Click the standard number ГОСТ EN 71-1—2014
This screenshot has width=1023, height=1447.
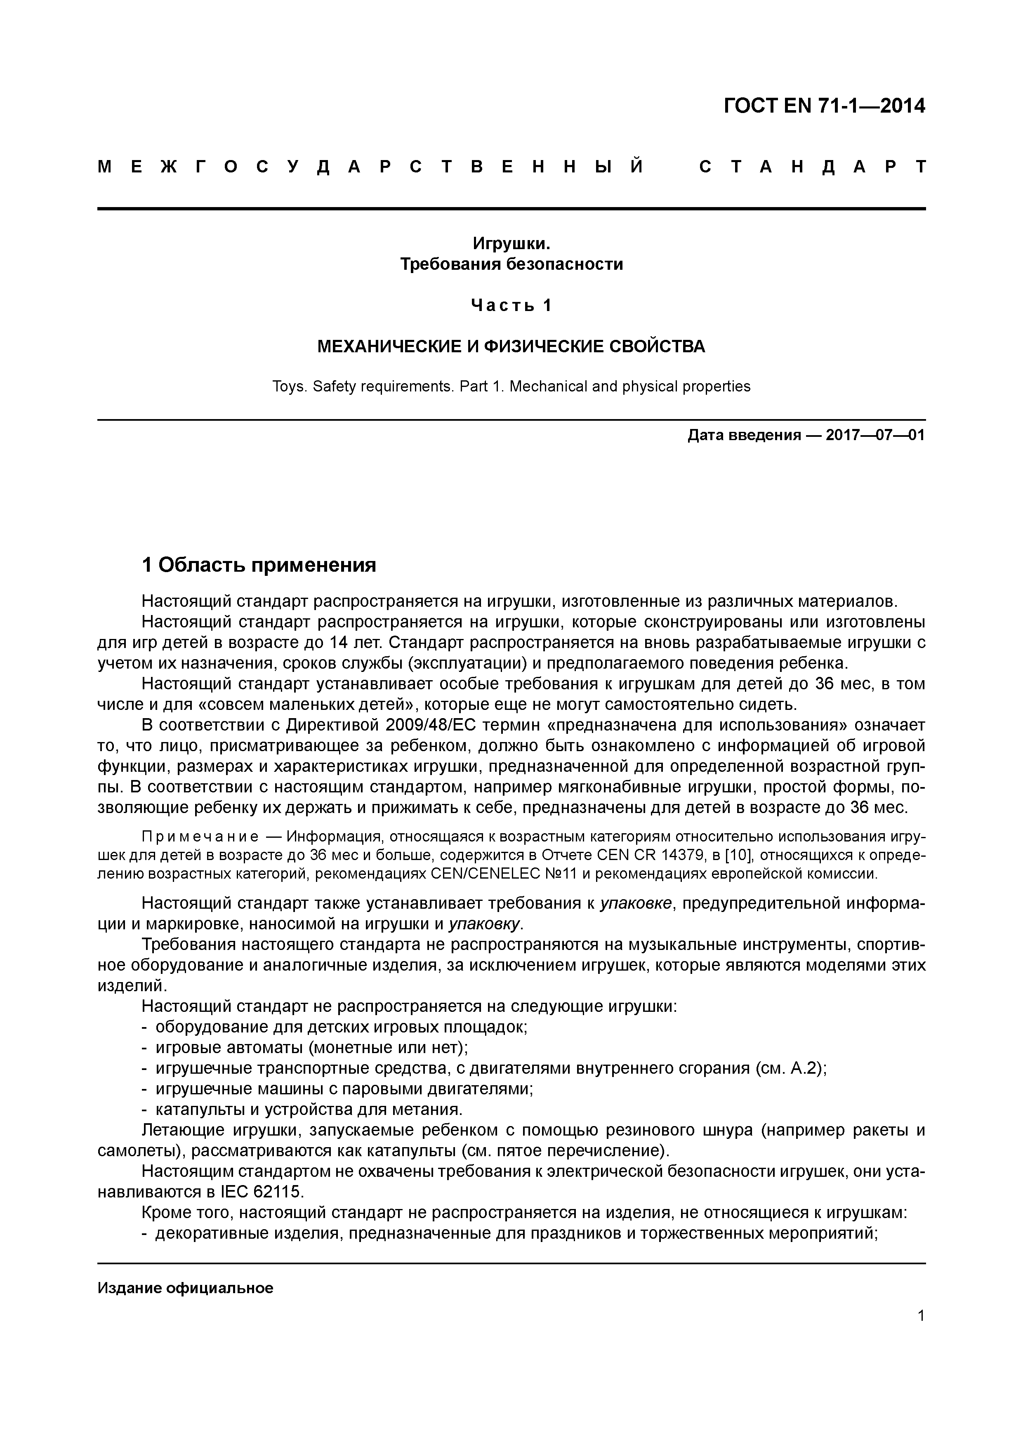click(x=824, y=106)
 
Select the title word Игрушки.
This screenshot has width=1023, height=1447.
click(x=511, y=243)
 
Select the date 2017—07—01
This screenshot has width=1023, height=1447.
click(x=875, y=435)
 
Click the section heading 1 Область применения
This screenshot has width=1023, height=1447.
click(x=259, y=565)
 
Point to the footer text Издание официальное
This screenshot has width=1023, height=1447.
click(x=185, y=1287)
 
